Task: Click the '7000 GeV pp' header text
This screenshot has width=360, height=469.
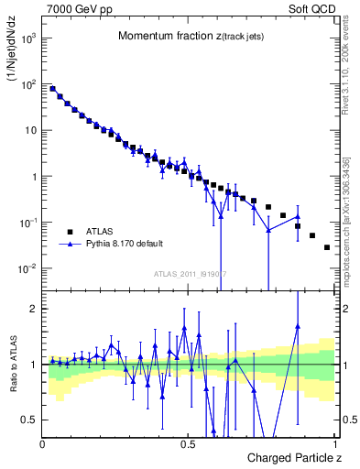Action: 75,8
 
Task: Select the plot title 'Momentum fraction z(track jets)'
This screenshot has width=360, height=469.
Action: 189,36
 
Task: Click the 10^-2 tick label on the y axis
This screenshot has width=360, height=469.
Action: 29,268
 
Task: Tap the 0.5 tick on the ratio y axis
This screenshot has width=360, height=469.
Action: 32,420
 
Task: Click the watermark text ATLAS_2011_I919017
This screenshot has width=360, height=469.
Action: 190,274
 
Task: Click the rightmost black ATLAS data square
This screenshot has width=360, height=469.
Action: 327,247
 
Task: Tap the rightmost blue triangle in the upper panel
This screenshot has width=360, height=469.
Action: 298,217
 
